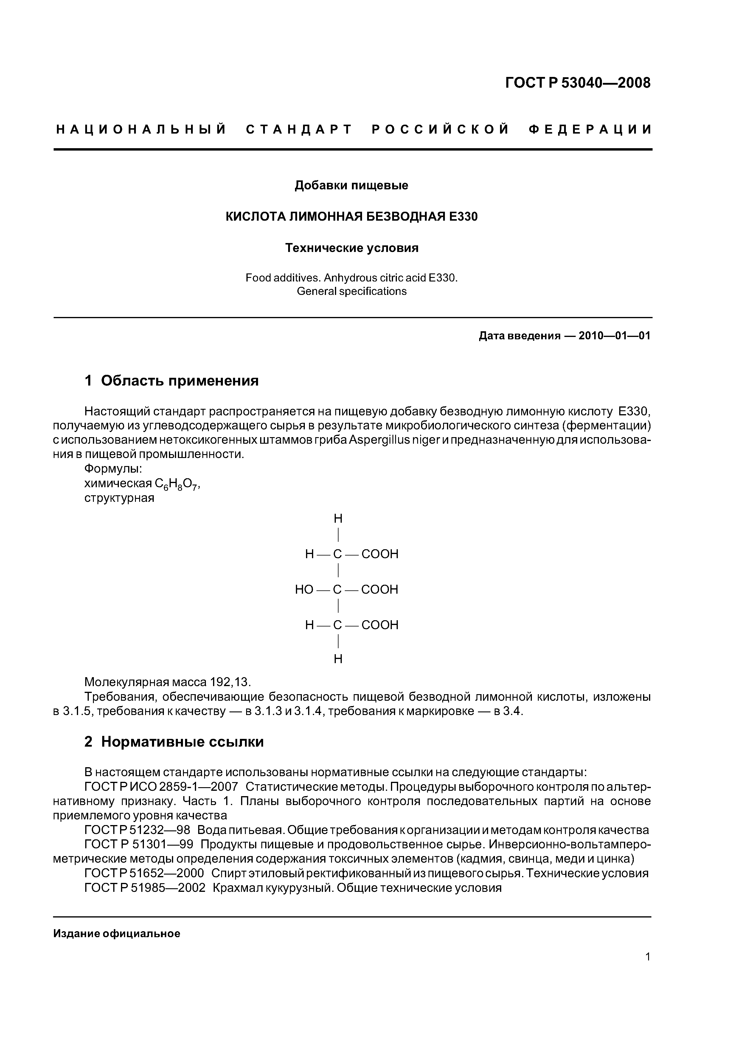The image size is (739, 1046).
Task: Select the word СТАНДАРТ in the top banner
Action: [x=299, y=130]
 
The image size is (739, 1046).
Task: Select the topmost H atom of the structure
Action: [x=338, y=519]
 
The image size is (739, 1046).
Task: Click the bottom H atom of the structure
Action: [x=338, y=659]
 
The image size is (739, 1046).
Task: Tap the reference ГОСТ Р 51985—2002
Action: [x=145, y=888]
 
